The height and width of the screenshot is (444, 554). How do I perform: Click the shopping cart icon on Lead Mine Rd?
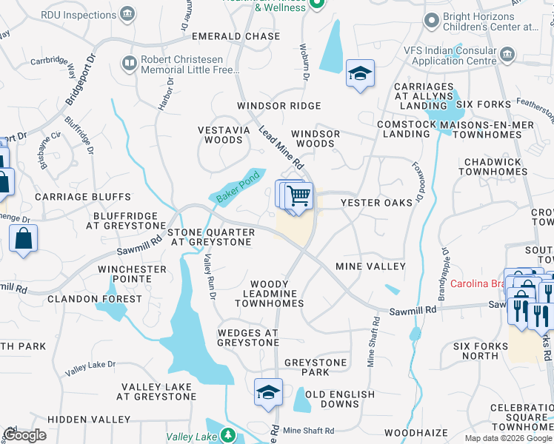coord(298,196)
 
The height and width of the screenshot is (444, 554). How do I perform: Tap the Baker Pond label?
coord(238,188)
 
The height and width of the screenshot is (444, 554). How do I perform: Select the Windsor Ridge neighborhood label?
coord(278,106)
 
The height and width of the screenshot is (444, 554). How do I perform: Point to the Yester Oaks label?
coord(376,203)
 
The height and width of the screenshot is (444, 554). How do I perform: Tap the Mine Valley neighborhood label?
coord(370,266)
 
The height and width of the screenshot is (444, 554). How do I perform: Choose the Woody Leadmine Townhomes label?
coord(277,294)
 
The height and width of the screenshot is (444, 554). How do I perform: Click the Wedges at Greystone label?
coord(248,337)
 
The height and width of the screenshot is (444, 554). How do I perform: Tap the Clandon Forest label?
coord(94,299)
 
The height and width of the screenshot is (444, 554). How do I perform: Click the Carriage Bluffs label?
coord(82,197)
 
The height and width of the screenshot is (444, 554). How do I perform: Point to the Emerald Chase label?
coord(236,36)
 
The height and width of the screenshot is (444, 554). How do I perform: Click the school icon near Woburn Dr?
coord(360,73)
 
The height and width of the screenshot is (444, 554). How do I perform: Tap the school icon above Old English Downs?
coord(267,391)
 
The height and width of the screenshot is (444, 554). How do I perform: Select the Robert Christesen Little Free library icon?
coord(130,64)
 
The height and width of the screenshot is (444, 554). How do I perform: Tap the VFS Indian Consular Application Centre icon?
coord(508,54)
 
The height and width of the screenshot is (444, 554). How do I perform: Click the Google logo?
coord(25,435)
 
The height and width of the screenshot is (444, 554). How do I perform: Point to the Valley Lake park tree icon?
coord(230,436)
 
